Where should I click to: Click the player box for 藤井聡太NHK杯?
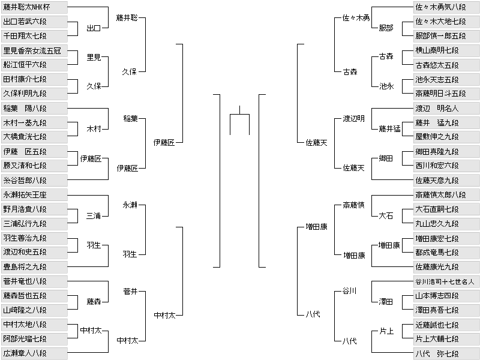(x=34, y=7)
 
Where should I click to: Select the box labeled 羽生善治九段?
(x=34, y=238)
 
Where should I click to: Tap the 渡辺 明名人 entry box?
(x=446, y=109)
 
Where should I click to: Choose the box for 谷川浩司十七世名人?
(x=446, y=281)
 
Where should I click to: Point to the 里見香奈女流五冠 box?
(x=34, y=50)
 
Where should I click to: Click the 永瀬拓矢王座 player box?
(x=34, y=195)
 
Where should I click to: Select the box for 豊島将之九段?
(x=34, y=267)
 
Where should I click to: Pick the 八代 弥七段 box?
(x=446, y=353)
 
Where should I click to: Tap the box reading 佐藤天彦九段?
(x=446, y=181)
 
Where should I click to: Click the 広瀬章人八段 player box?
(x=34, y=353)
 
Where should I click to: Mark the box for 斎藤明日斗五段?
(x=446, y=94)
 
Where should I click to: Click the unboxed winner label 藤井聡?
(x=127, y=18)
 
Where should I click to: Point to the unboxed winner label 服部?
(x=386, y=28)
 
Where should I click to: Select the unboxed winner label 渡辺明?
(x=353, y=119)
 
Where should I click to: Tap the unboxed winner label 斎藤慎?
(x=353, y=205)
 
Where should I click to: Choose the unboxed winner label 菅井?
(x=130, y=292)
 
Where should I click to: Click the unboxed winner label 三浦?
(x=94, y=216)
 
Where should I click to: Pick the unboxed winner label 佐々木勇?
(x=356, y=18)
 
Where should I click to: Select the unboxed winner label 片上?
(x=386, y=331)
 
